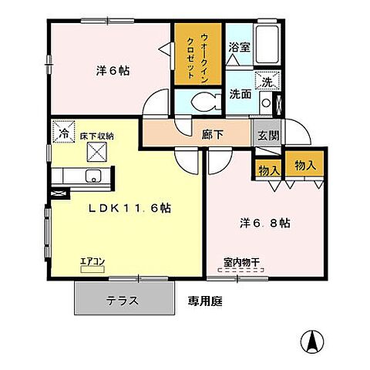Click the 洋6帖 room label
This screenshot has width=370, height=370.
coord(113,71)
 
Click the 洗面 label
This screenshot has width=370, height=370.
coord(240,94)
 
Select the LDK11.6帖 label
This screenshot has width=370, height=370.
coord(128,208)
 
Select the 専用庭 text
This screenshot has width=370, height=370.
coord(204,301)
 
